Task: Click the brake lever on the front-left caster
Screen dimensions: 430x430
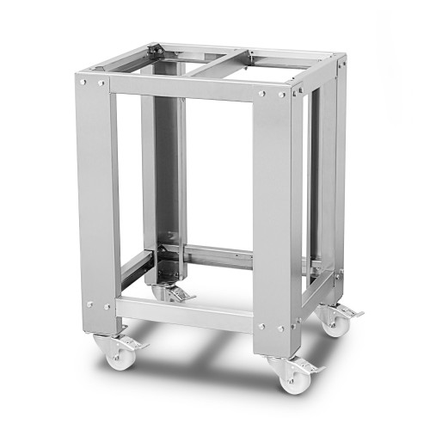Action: [135, 345]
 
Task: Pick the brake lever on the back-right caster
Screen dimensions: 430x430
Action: [351, 311]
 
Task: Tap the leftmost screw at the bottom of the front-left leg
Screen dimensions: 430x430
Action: [89, 304]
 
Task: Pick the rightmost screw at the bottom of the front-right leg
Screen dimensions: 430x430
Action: [281, 328]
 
